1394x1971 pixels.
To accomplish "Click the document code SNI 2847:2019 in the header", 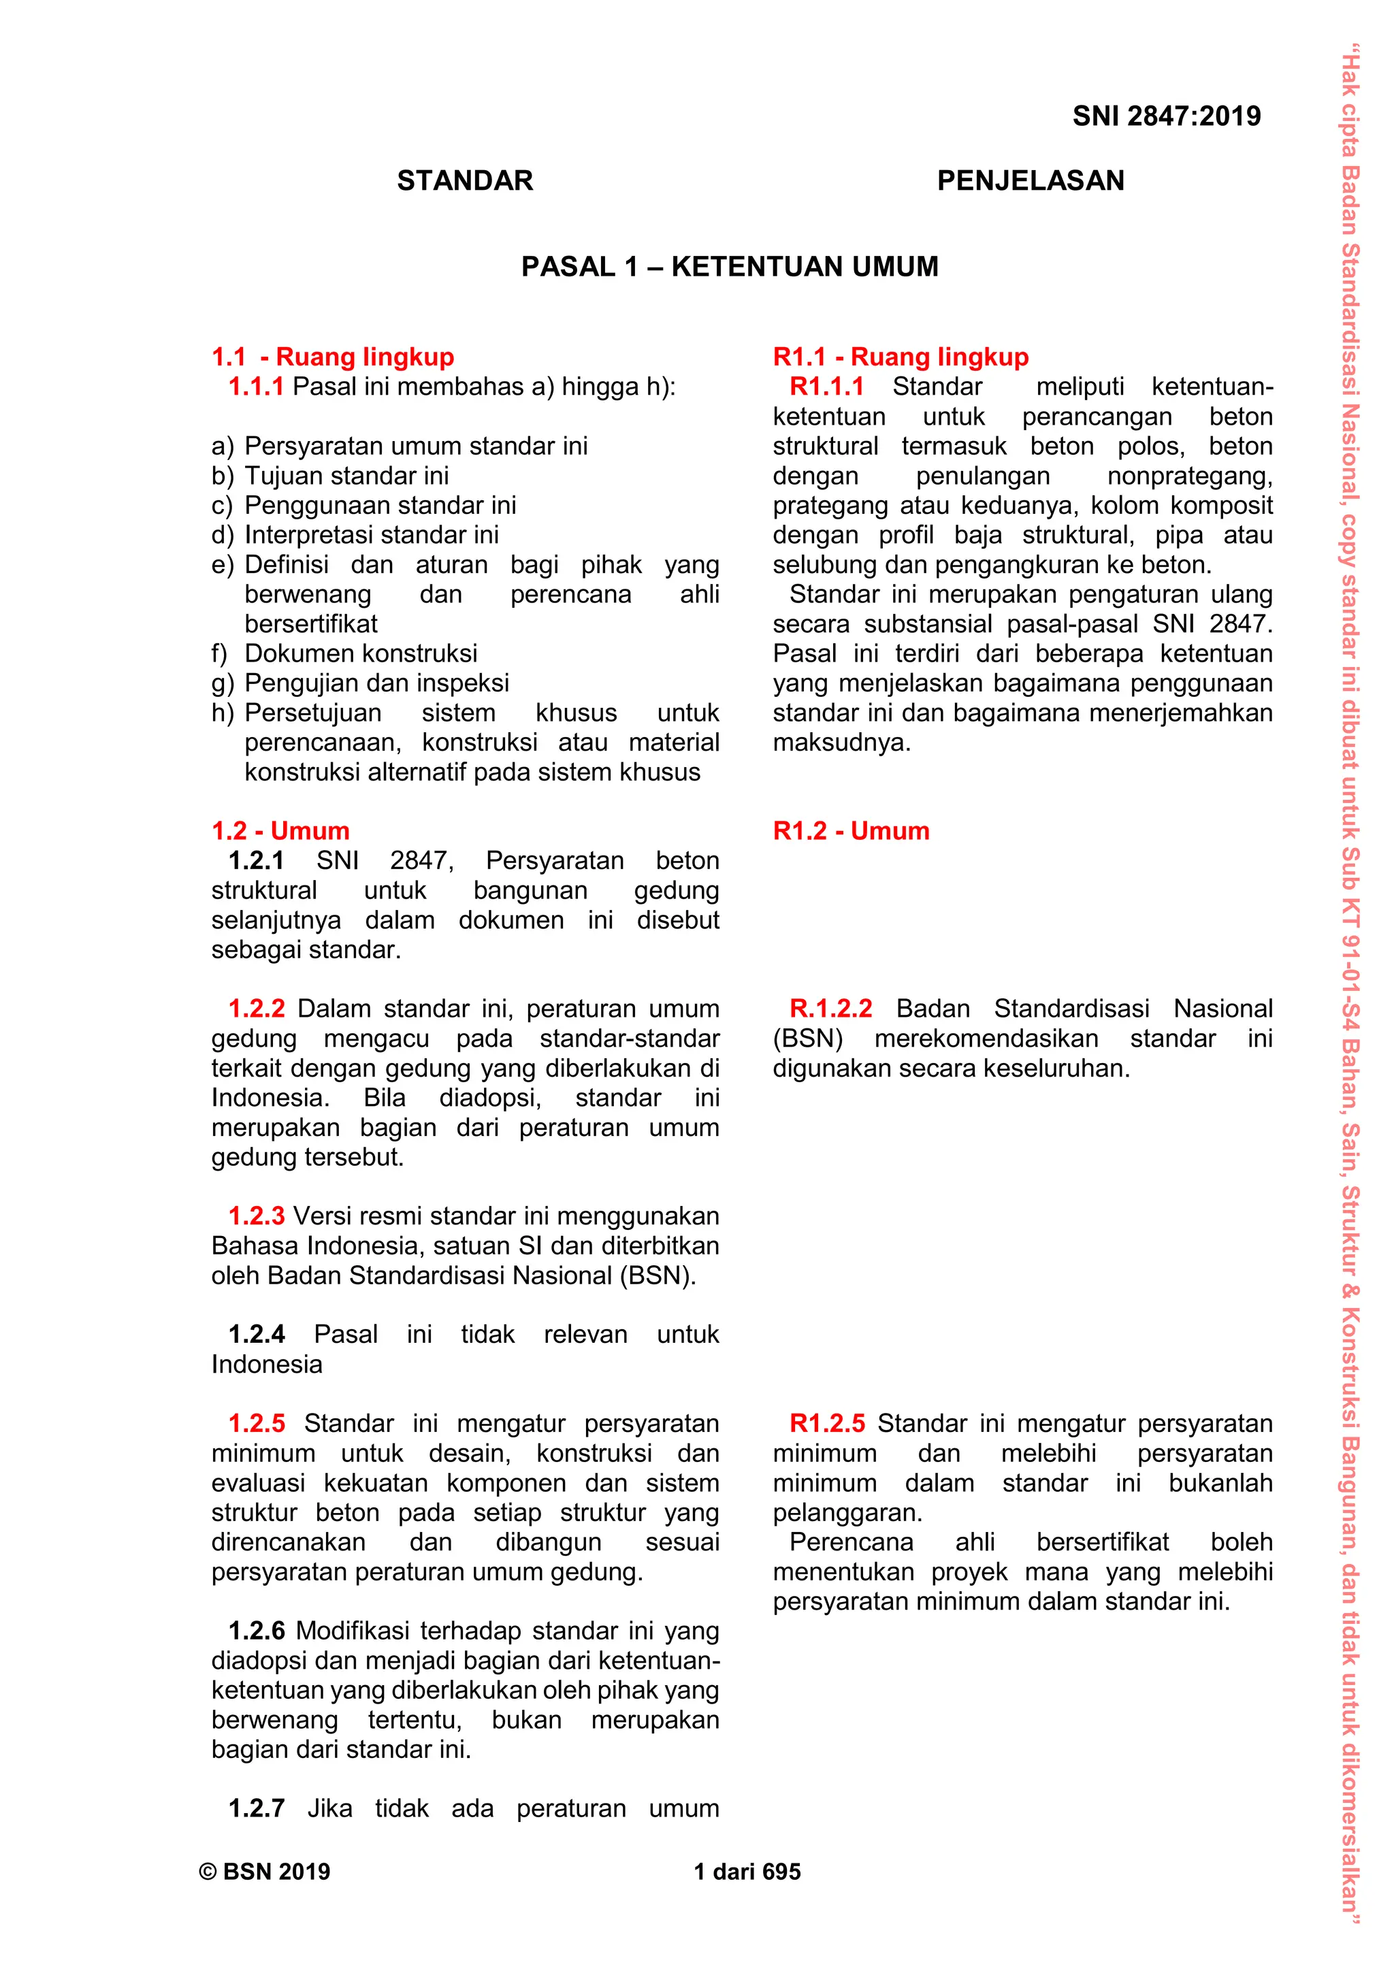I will pos(1166,116).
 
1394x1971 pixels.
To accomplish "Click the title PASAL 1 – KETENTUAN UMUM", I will pos(730,267).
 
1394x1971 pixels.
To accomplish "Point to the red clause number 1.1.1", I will pos(256,387).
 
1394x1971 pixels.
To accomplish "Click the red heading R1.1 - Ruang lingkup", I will pos(901,357).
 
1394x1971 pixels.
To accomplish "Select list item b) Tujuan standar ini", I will pos(331,476).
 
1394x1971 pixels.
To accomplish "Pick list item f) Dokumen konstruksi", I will pos(344,653).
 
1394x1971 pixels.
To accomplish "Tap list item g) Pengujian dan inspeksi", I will pos(361,683).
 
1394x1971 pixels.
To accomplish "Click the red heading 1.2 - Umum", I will pos(280,831).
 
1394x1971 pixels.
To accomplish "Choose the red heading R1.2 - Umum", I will pos(851,831).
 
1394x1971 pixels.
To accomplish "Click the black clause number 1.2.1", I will pos(256,861).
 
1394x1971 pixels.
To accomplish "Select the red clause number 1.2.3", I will pos(256,1216).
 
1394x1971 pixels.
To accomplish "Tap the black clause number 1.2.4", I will pos(256,1335).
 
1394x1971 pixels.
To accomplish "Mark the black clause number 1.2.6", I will pos(256,1631).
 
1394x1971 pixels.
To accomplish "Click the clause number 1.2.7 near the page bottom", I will pos(256,1809).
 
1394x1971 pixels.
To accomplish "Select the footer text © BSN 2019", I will pos(264,1872).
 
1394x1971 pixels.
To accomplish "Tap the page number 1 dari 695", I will pos(747,1872).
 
